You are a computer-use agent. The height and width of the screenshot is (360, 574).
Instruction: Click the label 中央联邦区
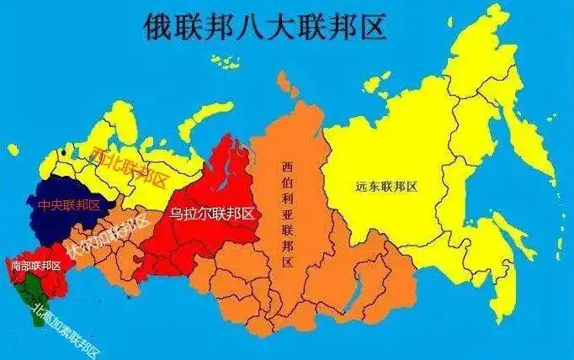(68, 204)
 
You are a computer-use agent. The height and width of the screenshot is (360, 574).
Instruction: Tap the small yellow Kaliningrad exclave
(13, 150)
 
